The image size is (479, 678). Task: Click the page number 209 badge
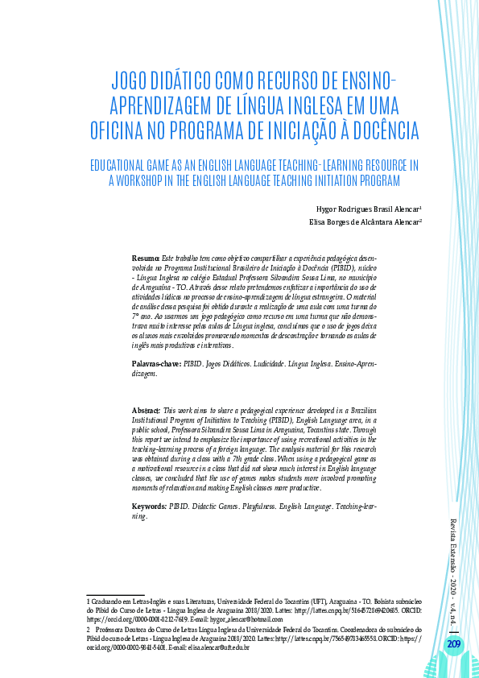454,643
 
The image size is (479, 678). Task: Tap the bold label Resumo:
146,257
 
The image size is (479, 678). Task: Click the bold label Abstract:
147,411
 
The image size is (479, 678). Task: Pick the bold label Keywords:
149,506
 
